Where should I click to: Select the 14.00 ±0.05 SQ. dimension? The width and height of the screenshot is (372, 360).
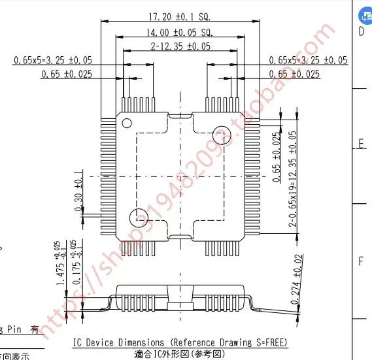point(170,32)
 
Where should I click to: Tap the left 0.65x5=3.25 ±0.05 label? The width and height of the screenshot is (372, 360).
point(53,60)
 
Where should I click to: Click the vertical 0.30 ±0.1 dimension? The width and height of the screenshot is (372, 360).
point(79,191)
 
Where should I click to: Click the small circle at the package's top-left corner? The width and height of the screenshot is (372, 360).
point(126,121)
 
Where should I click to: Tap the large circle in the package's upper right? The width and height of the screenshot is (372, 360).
point(222,131)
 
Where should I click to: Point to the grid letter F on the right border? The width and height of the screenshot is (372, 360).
point(360,261)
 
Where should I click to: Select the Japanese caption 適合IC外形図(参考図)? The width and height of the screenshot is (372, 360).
point(179,354)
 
